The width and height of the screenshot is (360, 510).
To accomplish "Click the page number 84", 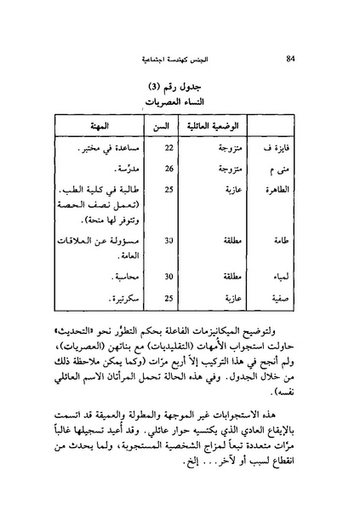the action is point(292,58).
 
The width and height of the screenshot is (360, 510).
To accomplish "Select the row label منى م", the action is point(290,169).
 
